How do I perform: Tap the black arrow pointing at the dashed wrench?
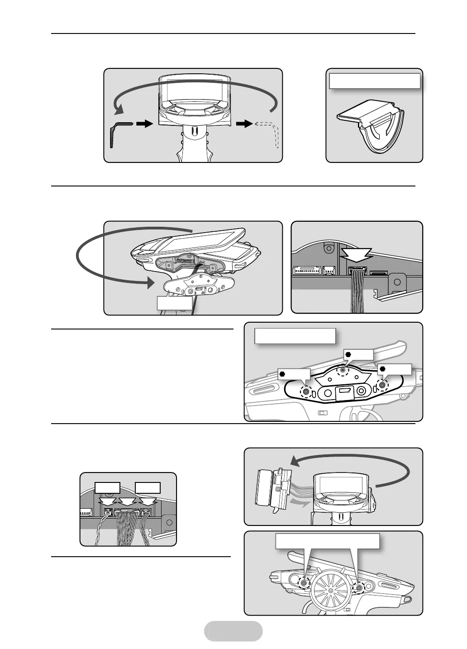[x=244, y=123]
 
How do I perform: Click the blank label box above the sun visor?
[x=374, y=81]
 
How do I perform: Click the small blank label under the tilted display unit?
[x=174, y=303]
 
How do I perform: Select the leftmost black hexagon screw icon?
[x=282, y=374]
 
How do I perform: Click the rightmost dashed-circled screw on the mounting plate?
[x=383, y=386]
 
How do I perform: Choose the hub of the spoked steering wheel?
[x=330, y=591]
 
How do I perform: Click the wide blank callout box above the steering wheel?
[x=327, y=541]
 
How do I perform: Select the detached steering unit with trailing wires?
[x=272, y=492]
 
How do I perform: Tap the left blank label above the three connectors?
[x=108, y=487]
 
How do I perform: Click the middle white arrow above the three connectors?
[x=127, y=501]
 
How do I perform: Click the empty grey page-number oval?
[x=233, y=631]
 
